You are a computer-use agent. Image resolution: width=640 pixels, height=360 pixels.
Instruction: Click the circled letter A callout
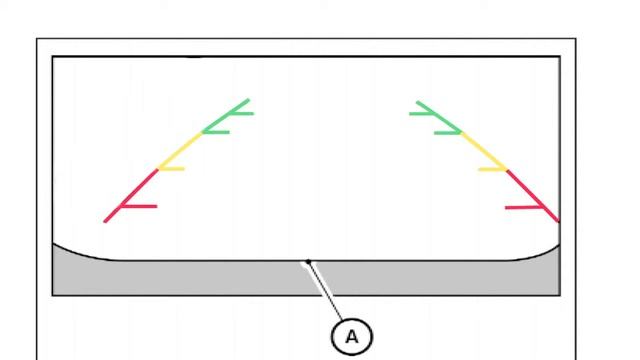(351, 337)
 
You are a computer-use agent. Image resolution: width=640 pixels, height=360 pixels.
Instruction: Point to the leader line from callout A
(326, 291)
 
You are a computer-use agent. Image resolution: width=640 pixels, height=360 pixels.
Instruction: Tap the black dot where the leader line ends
(309, 263)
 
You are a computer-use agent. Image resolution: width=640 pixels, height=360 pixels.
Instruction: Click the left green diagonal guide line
(226, 115)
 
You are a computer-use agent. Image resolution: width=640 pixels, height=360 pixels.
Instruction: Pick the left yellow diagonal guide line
(180, 151)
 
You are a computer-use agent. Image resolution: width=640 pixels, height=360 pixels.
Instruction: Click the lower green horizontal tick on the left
(217, 131)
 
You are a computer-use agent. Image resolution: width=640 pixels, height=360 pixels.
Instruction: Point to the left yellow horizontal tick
(172, 169)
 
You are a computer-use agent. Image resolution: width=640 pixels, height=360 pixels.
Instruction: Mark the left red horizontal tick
(140, 207)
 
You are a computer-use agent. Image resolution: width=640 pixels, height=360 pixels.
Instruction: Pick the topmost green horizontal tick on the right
(422, 113)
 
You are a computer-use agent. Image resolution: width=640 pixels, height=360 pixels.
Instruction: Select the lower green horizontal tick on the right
(447, 131)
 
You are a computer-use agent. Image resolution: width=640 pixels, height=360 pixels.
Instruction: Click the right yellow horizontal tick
(492, 169)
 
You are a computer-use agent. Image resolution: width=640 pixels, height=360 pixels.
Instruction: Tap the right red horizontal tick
(525, 207)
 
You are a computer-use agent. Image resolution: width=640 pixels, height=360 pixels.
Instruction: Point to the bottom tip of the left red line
(105, 221)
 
